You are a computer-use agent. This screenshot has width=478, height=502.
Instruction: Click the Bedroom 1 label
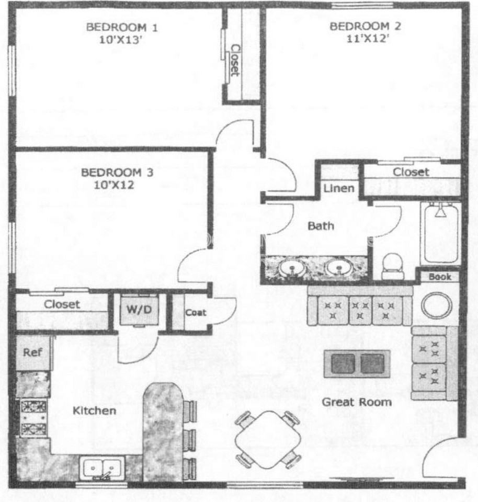click(x=122, y=27)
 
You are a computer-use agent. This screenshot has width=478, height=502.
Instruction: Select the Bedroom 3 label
click(x=117, y=172)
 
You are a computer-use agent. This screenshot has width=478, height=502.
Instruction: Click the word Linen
click(x=339, y=188)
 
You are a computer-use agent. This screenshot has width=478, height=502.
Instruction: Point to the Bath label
click(x=321, y=226)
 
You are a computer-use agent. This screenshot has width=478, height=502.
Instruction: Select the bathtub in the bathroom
click(x=440, y=233)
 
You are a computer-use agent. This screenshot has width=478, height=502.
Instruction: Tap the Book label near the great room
click(x=439, y=277)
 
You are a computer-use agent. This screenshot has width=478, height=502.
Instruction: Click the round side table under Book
click(x=437, y=305)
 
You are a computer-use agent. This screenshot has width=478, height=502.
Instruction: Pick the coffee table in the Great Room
click(x=357, y=363)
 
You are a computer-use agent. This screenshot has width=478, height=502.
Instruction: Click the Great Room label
click(x=356, y=402)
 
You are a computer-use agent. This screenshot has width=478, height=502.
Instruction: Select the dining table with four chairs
click(x=268, y=439)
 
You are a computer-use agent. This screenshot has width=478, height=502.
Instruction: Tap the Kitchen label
click(x=94, y=410)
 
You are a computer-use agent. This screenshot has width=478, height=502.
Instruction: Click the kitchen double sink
click(x=103, y=467)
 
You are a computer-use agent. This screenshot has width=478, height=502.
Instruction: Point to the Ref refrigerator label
click(x=32, y=352)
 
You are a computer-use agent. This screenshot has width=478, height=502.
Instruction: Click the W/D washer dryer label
click(x=139, y=309)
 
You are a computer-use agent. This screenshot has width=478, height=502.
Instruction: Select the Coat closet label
click(x=196, y=313)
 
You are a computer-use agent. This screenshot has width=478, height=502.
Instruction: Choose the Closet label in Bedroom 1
click(x=235, y=59)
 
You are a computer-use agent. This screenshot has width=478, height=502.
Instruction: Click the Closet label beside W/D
click(x=62, y=304)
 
